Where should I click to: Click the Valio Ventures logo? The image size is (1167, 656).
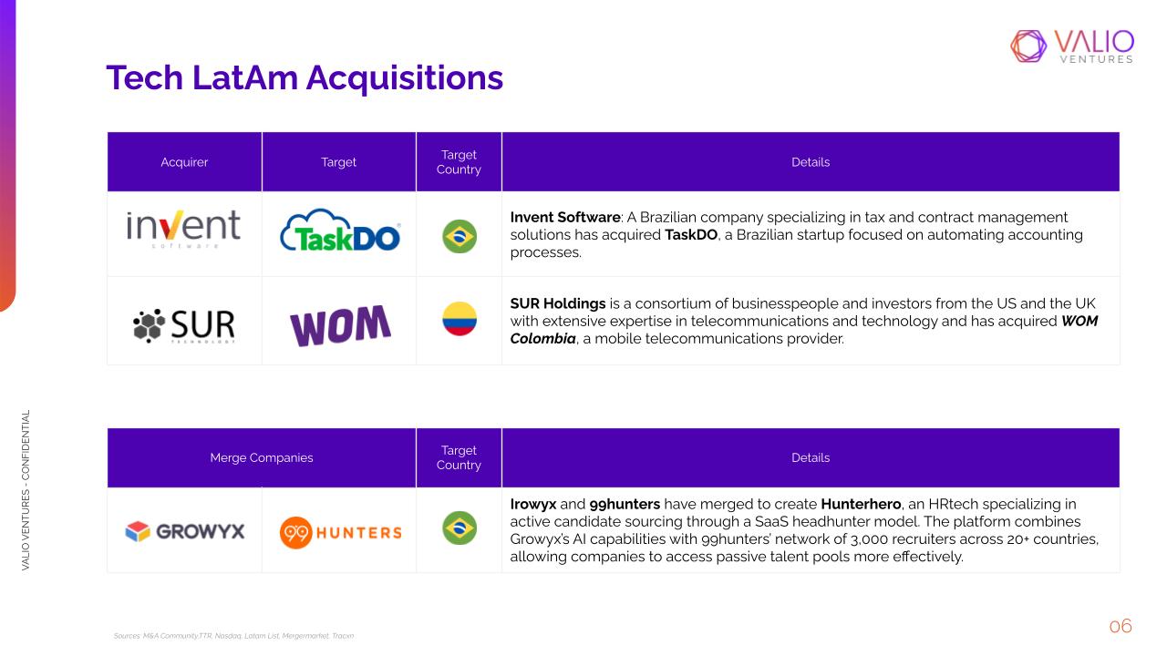1072,46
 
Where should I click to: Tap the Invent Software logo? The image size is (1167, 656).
183,229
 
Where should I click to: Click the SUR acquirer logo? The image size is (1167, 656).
184,326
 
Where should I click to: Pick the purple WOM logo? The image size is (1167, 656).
340,325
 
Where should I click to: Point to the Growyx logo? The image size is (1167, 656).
185,531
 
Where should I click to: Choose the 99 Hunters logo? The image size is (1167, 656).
341,532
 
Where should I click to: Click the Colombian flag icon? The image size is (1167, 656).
460,319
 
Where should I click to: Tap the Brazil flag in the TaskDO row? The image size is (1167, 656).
460,236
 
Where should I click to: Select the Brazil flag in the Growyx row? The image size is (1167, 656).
460,528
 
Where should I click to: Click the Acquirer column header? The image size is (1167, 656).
184,162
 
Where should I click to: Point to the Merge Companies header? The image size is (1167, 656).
262,457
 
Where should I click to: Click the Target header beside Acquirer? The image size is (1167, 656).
338,162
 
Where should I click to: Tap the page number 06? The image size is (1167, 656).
1121,626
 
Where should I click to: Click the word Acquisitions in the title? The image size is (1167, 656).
405,78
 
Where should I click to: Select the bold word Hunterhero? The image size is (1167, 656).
861,504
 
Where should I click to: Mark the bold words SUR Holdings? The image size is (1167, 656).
557,303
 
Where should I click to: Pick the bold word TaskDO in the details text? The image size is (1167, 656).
691,235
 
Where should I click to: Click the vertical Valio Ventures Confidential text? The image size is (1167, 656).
26,490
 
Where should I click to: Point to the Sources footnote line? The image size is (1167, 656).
233,636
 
